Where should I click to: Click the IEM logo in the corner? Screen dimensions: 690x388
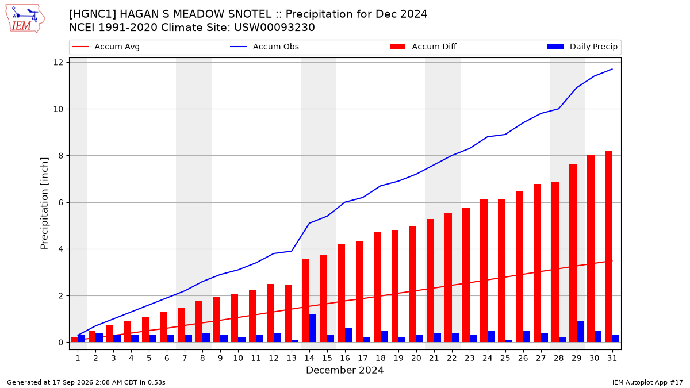tap(25, 19)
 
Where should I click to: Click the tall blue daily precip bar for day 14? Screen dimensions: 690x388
tap(313, 328)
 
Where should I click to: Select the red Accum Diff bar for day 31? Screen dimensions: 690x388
tap(608, 247)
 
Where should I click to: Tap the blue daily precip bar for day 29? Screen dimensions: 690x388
tap(580, 332)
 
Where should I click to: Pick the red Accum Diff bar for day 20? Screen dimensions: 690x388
tap(412, 284)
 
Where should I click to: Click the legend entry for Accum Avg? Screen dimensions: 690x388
tap(106, 47)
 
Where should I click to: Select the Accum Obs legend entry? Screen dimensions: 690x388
tap(264, 47)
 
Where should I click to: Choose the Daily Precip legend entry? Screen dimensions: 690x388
tap(582, 47)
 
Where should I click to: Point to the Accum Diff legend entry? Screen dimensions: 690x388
tap(423, 47)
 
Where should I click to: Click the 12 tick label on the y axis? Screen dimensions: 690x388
tap(58, 63)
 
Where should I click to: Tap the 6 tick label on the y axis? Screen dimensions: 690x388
tap(60, 202)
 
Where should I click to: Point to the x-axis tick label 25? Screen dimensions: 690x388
tap(505, 358)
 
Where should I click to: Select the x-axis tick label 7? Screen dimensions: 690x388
tap(185, 358)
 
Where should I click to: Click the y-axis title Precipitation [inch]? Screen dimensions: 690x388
tap(44, 203)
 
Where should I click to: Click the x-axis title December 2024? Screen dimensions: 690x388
tap(344, 370)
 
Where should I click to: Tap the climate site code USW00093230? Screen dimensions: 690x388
tap(274, 28)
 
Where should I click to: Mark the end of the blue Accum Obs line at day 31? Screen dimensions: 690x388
tap(612, 69)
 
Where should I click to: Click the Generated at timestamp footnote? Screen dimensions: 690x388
tap(86, 382)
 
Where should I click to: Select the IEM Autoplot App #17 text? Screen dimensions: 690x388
tap(647, 382)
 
